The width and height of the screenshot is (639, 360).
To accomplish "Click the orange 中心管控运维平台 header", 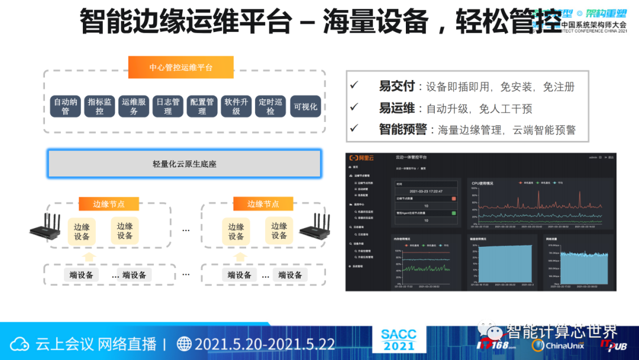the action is coord(181,67).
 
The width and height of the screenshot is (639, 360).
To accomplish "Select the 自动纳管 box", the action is coord(66,106).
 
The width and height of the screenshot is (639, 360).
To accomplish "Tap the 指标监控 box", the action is coord(99,106).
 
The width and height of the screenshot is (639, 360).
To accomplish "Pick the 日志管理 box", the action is coord(168,106).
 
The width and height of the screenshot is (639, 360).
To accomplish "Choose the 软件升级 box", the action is coord(236,106).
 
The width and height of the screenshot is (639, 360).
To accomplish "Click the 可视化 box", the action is coord(305,107).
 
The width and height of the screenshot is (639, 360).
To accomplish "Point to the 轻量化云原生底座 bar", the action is coord(185,163).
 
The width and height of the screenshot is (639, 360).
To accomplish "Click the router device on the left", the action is coord(46,230).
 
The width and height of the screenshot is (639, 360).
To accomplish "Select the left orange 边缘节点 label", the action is coord(109,204).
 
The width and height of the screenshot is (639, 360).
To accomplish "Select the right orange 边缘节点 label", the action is coord(263,204).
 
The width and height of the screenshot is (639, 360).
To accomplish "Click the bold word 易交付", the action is coord(397,86).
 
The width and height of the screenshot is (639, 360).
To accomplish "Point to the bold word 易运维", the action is coord(397,108).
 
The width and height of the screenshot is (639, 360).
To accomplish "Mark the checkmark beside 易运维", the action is coord(354,107).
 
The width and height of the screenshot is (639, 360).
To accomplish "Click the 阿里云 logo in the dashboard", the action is coord(362,157).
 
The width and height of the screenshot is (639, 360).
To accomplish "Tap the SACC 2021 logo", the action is coord(399,340).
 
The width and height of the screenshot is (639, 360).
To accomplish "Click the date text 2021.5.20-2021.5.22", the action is coord(264,344).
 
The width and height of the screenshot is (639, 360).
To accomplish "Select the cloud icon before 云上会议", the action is coord(21,344).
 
